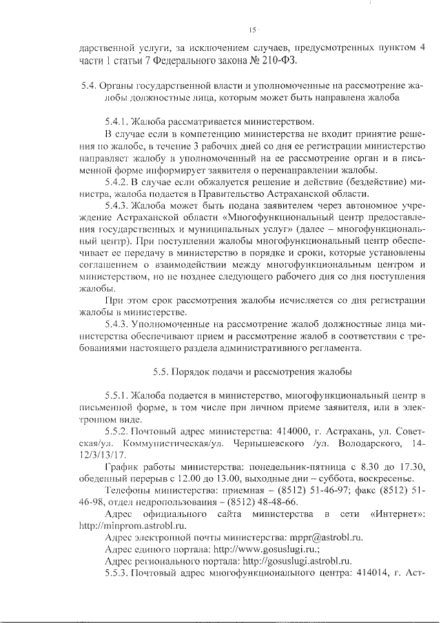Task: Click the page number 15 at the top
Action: pyautogui.click(x=252, y=30)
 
